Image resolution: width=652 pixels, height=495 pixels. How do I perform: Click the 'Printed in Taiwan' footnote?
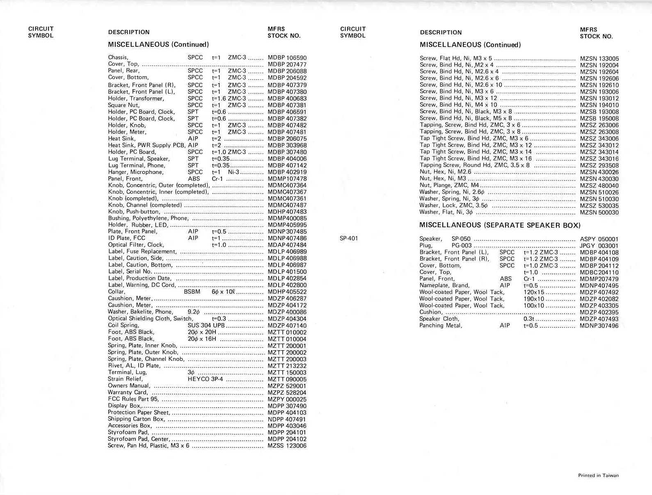[598, 476]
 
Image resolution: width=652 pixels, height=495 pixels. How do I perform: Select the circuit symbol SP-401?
[349, 238]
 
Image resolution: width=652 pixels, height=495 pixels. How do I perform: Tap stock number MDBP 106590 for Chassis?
[287, 58]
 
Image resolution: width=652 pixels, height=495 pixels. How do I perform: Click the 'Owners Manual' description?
[129, 386]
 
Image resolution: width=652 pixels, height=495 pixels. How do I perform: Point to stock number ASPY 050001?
[599, 239]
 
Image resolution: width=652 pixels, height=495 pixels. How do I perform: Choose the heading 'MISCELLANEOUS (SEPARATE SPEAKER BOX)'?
[500, 225]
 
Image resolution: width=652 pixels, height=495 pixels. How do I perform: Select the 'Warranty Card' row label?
[127, 392]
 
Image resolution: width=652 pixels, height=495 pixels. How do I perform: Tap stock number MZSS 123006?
[287, 446]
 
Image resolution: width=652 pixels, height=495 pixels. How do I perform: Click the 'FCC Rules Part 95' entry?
[133, 399]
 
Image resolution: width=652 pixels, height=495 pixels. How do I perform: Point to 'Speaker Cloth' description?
[439, 319]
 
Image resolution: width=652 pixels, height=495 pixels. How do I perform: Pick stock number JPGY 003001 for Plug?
[599, 246]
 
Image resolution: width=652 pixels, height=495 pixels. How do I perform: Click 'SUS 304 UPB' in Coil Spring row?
[206, 325]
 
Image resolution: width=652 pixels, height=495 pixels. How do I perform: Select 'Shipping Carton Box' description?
[136, 419]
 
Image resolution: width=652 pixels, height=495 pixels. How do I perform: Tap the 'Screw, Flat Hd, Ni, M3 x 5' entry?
[455, 58]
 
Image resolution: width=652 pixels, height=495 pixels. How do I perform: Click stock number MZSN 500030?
[599, 212]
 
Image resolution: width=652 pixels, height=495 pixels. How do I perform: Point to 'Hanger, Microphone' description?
[135, 172]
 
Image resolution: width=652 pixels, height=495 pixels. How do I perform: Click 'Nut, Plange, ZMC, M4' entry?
[449, 185]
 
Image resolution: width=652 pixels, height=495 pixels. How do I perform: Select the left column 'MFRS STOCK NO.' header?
[284, 32]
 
